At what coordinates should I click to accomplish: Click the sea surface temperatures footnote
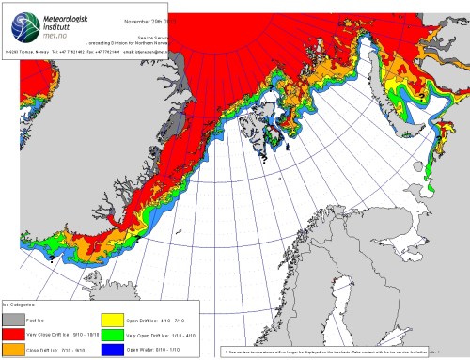point(329,352)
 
